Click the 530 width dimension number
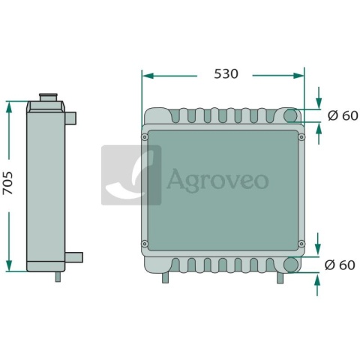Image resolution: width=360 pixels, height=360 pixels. pos(226,73)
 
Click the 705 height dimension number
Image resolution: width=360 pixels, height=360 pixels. pos(7,183)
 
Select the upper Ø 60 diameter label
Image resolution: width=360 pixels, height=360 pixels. pos(343,115)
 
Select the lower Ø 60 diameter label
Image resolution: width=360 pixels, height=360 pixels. pos(340,265)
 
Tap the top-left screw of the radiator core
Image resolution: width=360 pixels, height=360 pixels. pos(145,137)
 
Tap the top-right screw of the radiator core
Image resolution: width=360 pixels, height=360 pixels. pos(301,137)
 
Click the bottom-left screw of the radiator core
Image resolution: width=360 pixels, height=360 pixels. pos(145,244)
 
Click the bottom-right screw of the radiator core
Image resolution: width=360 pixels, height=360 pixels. pos(301,244)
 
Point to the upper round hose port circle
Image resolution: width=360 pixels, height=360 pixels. pos(290,115)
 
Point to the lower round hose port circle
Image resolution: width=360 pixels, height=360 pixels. pos(291,265)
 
